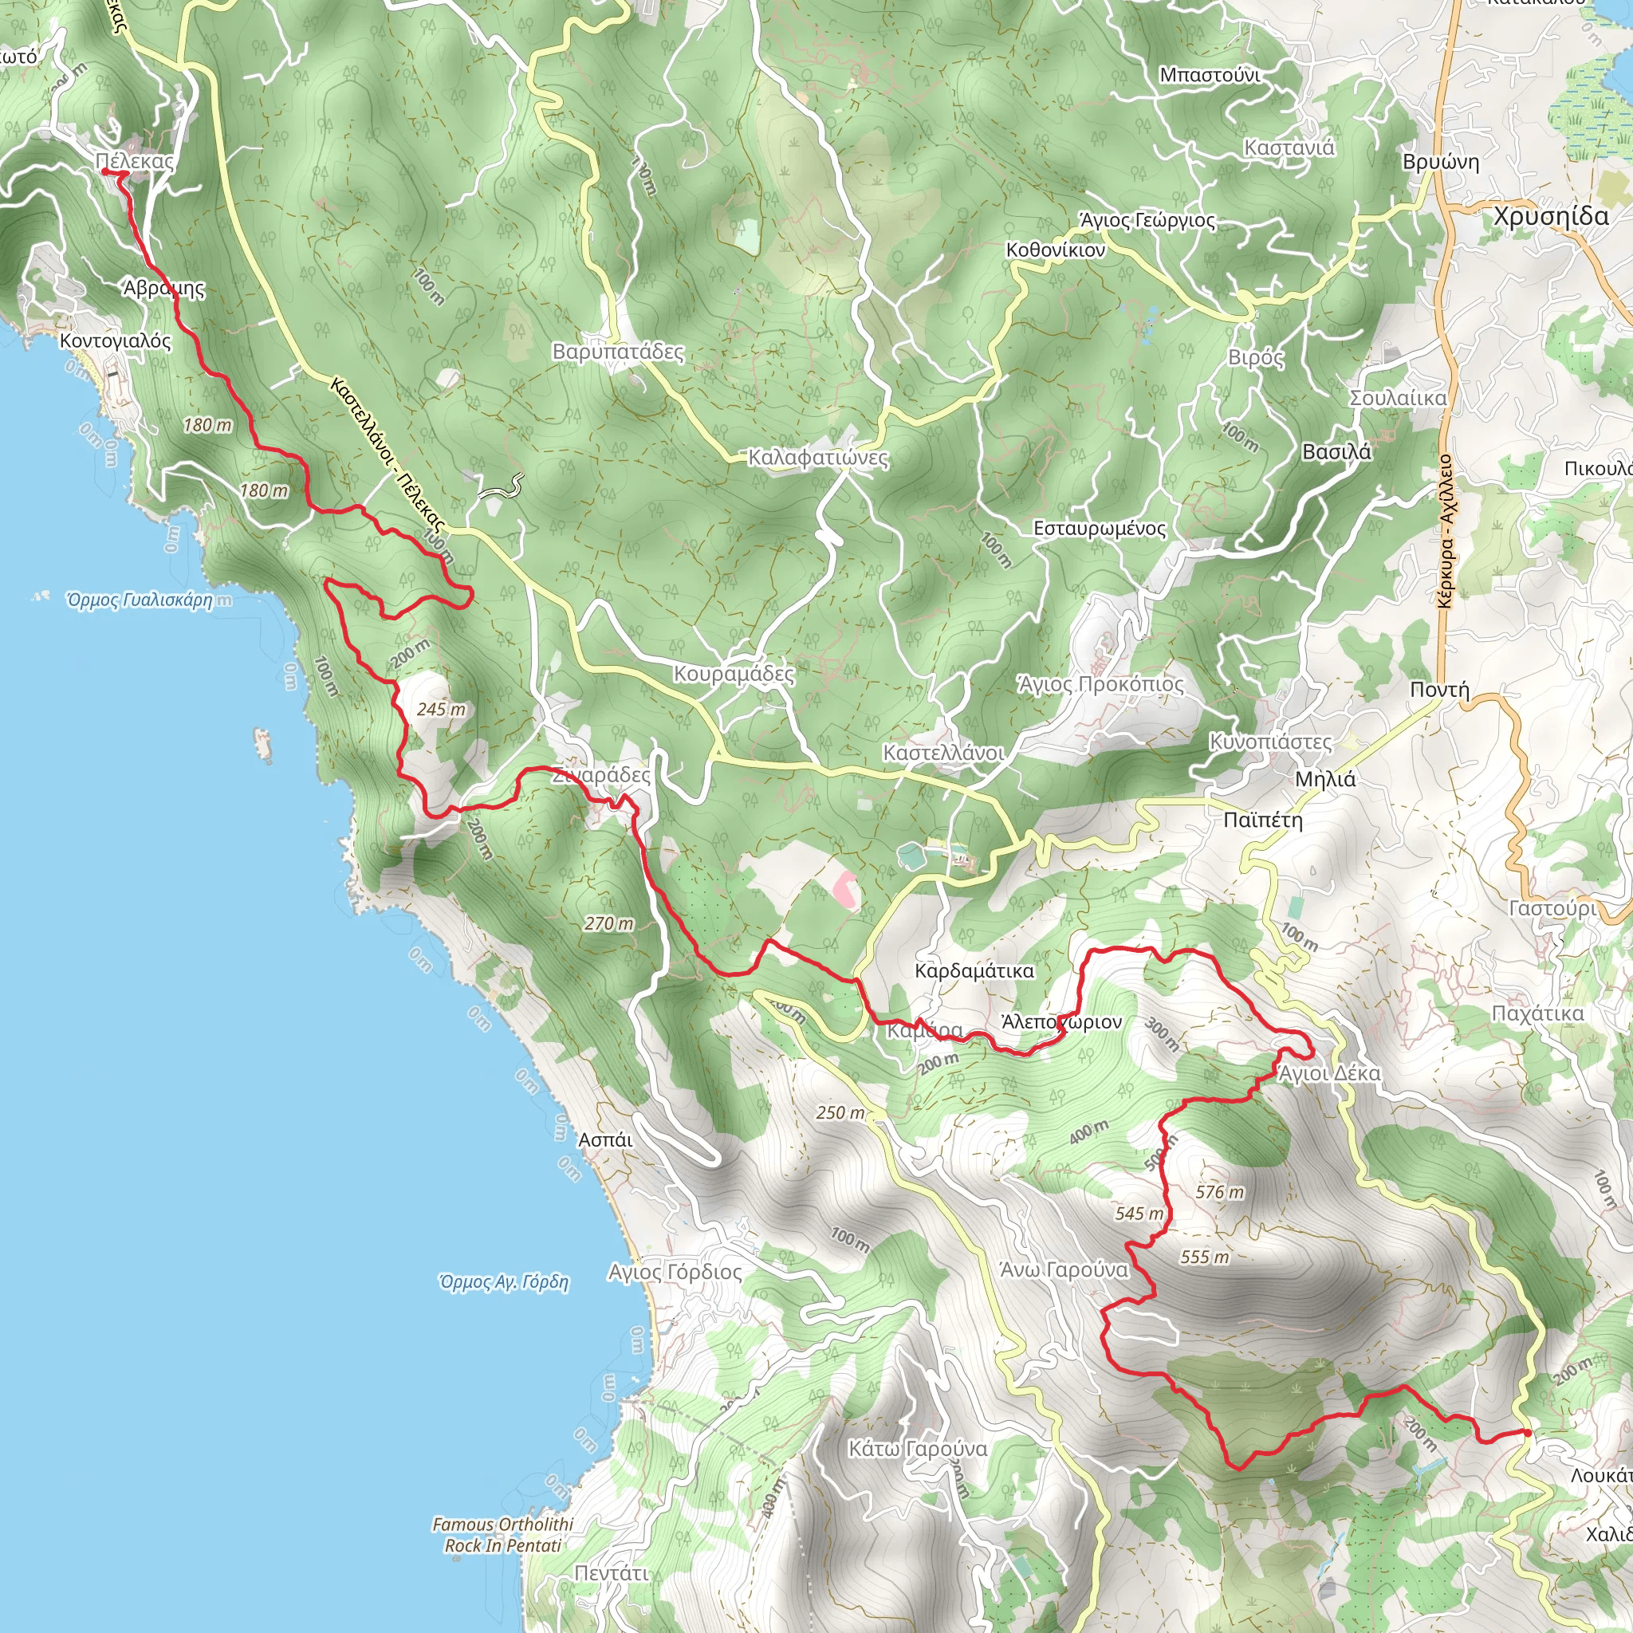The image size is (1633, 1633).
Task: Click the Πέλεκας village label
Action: click(135, 160)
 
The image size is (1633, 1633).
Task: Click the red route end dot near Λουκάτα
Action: click(1527, 1432)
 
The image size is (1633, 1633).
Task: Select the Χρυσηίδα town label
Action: click(1551, 216)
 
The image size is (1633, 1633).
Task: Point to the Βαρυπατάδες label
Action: click(618, 351)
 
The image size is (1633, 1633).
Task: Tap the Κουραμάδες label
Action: click(734, 674)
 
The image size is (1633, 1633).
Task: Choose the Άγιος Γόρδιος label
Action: click(675, 1272)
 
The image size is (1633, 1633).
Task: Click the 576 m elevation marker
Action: click(1220, 1192)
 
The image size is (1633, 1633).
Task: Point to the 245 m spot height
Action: click(441, 709)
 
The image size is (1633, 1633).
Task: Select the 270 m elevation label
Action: click(608, 924)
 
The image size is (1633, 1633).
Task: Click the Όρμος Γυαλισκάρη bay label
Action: click(140, 600)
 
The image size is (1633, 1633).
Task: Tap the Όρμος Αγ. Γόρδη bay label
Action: click(504, 1282)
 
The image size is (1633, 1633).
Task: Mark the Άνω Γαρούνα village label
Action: click(1064, 1270)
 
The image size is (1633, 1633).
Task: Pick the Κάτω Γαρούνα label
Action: click(918, 1449)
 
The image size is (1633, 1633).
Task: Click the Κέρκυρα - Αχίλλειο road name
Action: click(1445, 532)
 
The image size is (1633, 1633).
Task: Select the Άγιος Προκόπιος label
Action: click(1100, 684)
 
